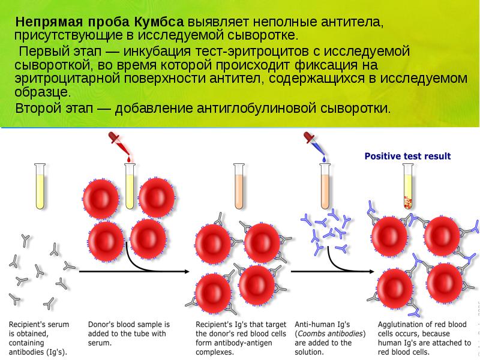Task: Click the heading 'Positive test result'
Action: tap(407, 157)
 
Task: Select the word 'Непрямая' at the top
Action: tap(44, 21)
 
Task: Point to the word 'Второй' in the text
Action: tap(36, 109)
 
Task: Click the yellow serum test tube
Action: tap(40, 185)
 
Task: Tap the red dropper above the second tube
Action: tap(118, 143)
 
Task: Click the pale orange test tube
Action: tap(238, 185)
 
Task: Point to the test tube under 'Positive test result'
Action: tap(407, 185)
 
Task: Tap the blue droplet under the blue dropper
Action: tap(325, 160)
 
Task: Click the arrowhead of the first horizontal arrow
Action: tap(184, 272)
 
